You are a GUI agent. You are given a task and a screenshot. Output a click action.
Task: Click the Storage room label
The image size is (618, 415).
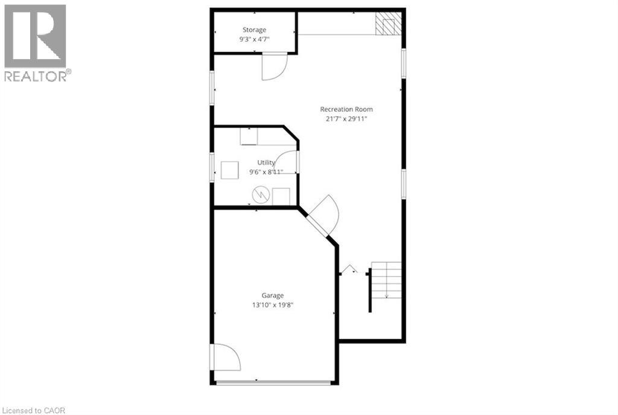point(254,30)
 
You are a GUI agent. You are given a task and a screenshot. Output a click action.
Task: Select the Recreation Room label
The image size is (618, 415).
point(346,109)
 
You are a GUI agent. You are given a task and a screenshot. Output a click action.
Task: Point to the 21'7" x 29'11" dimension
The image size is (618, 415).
point(346,119)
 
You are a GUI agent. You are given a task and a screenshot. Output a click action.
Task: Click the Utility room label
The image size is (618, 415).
point(266,162)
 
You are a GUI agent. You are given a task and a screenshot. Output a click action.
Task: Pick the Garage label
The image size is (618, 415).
point(272,295)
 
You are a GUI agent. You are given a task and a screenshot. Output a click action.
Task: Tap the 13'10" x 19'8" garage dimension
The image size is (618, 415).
point(273,305)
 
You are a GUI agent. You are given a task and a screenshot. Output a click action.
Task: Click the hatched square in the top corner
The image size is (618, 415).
point(387,24)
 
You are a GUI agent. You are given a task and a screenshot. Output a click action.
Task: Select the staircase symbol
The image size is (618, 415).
point(386,280)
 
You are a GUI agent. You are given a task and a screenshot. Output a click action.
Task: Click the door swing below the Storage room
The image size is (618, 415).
point(273,66)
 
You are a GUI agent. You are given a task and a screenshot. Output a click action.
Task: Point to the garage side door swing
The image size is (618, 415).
point(226,357)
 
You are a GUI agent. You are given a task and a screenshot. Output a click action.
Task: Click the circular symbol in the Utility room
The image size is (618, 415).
point(260,194)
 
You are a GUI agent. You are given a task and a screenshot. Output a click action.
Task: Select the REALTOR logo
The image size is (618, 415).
point(36,42)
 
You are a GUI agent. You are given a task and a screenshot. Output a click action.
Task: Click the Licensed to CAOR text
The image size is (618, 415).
point(33,411)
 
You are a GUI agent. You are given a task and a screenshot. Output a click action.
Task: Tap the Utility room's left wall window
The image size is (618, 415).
point(212,167)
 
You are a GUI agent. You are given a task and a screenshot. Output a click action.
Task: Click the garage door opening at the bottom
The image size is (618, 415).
point(273,382)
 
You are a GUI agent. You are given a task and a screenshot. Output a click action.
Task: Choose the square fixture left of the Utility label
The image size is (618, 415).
point(229,171)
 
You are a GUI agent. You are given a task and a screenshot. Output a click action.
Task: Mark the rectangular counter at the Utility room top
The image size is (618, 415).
point(250,137)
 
